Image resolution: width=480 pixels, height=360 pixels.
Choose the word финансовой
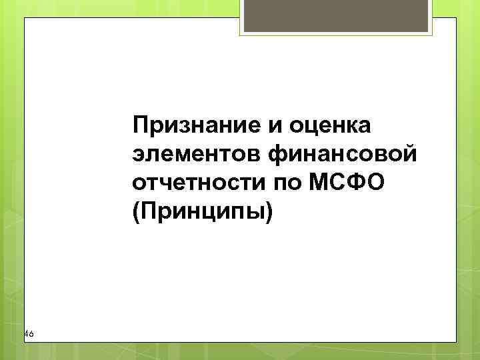341,154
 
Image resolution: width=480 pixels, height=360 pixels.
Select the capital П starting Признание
141,124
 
